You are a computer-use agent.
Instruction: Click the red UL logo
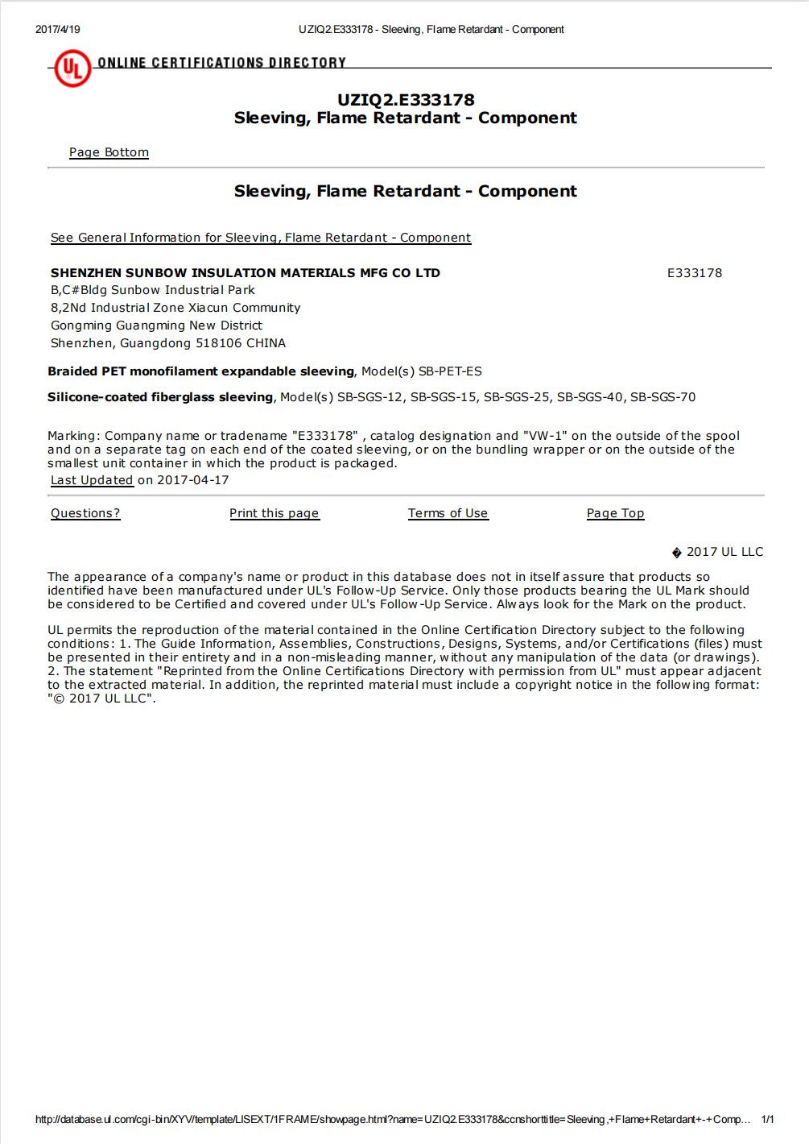(72, 68)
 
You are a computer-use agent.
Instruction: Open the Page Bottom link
(109, 152)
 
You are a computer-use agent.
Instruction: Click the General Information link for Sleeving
(261, 238)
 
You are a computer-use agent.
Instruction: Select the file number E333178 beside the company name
(694, 273)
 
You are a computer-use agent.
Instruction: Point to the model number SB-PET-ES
(450, 371)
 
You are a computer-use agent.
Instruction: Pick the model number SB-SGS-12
(369, 397)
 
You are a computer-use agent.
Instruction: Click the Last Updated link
(92, 480)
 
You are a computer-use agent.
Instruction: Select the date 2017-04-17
(192, 480)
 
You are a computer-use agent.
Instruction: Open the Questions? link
(85, 513)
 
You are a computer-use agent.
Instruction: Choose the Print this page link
(274, 513)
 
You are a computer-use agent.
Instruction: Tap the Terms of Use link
(448, 513)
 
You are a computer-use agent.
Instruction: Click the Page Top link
(615, 513)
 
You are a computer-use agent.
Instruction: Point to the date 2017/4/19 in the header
(58, 30)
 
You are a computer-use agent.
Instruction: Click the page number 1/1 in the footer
(767, 1119)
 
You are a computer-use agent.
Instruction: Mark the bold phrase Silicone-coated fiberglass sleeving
(160, 397)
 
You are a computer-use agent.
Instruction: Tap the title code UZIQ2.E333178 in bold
(406, 100)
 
